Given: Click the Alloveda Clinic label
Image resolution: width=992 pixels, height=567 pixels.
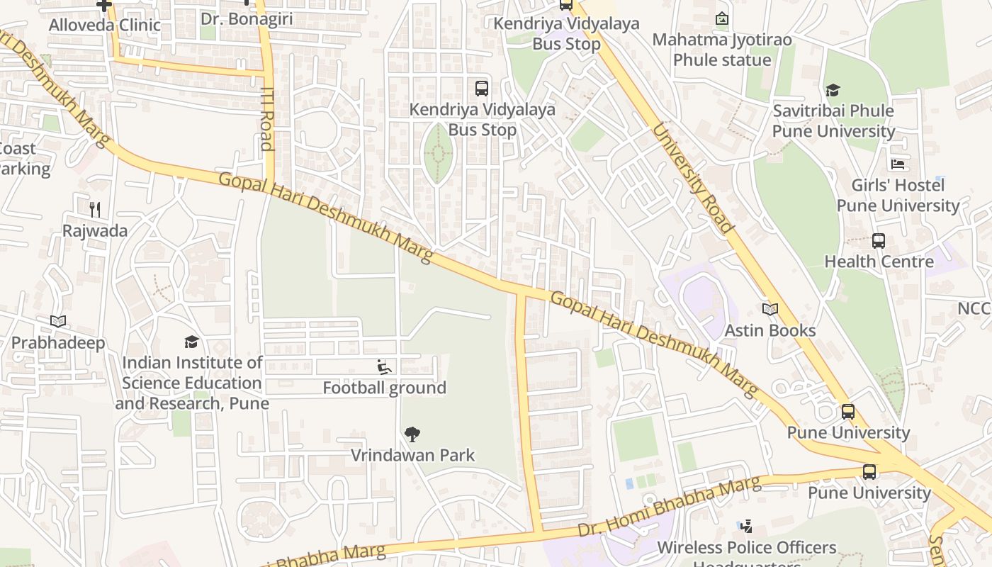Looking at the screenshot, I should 104,26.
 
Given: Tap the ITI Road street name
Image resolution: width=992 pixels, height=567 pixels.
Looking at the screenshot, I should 267,118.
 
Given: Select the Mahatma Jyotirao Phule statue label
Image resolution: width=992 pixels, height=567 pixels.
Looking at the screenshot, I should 721,50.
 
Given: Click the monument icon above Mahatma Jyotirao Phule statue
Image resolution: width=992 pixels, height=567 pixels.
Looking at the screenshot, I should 721,18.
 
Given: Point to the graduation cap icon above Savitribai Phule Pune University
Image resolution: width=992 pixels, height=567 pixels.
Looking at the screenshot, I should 833,90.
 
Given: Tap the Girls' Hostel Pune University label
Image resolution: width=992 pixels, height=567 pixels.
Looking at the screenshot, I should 898,196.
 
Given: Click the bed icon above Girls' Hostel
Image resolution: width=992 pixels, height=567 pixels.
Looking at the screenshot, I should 898,164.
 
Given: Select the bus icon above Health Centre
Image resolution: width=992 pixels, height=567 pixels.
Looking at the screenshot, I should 879,241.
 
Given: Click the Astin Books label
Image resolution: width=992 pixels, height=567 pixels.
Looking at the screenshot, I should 770,330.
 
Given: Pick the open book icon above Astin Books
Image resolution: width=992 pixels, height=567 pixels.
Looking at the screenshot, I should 770,309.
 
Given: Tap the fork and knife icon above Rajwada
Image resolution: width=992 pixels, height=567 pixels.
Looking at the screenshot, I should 95,209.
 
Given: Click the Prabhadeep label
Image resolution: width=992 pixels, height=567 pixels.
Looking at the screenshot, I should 58,343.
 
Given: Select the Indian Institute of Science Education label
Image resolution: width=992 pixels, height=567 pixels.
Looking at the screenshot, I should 192,383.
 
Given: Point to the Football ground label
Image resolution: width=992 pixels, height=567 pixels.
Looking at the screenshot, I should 384,388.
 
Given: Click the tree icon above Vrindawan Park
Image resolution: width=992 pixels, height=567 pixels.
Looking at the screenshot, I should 412,434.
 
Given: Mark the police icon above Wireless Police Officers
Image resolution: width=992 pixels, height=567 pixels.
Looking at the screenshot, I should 745,527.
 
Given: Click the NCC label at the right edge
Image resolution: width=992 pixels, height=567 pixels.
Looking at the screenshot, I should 974,309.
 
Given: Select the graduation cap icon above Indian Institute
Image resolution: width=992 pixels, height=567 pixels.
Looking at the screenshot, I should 191,342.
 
